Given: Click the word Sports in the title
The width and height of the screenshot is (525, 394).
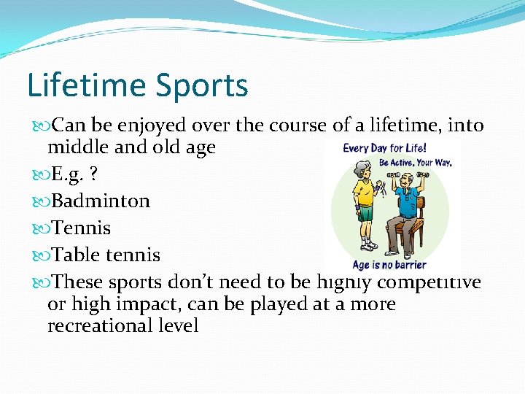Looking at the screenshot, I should pyautogui.click(x=206, y=86).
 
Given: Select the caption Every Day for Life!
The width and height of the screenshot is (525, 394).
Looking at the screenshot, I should pyautogui.click(x=384, y=148).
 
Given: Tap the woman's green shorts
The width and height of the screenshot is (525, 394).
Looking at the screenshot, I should pyautogui.click(x=365, y=215).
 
